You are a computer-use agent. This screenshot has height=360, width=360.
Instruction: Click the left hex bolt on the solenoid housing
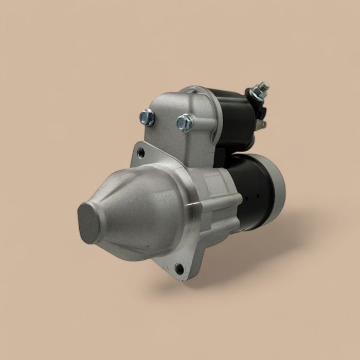click(x=148, y=118)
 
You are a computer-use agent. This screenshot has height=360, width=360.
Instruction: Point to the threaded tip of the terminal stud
click(x=264, y=85)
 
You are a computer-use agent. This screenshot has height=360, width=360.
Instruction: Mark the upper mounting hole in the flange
click(x=140, y=153)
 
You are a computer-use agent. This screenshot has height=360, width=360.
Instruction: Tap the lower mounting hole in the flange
click(x=179, y=268)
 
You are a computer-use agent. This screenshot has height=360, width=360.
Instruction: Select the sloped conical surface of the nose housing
click(x=139, y=206)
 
